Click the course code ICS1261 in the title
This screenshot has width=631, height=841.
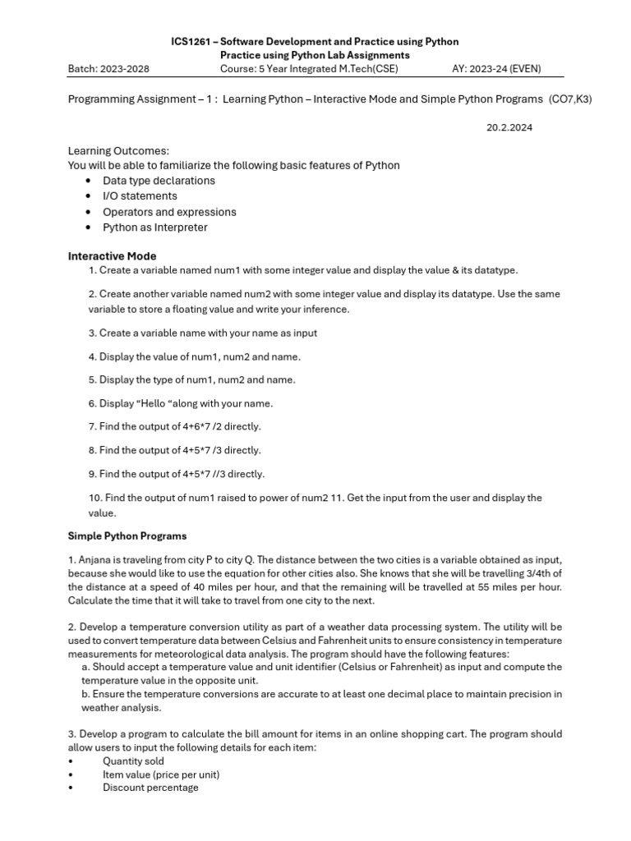click(x=193, y=41)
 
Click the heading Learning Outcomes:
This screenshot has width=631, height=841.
click(x=117, y=151)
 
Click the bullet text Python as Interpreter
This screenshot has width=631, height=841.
click(x=154, y=227)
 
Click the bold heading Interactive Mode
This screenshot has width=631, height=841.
click(x=112, y=256)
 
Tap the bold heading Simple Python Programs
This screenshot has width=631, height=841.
click(x=127, y=536)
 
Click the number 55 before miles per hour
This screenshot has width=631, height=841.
click(x=472, y=587)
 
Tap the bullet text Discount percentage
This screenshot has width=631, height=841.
click(x=150, y=788)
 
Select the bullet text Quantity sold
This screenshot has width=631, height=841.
click(x=133, y=761)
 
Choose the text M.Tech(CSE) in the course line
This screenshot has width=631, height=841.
click(x=367, y=69)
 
